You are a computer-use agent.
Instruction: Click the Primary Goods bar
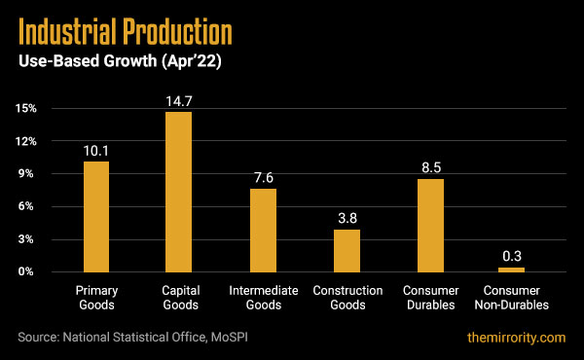point(95,216)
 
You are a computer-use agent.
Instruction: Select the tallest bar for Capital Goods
point(179,192)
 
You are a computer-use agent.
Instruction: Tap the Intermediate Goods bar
point(263,230)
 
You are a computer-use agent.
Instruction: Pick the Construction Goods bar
point(347,250)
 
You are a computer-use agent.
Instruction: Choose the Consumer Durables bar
point(429,225)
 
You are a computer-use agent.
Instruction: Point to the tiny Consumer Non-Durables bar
point(512,270)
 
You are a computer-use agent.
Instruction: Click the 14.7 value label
point(179,101)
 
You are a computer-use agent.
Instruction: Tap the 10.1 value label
point(95,151)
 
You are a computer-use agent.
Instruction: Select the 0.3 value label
point(512,257)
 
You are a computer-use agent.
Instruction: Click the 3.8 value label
point(347,219)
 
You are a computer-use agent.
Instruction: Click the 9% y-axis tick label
point(28,174)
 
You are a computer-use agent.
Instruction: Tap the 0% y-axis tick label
point(28,271)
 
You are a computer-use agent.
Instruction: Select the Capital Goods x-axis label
point(179,298)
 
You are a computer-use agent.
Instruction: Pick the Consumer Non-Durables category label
point(512,298)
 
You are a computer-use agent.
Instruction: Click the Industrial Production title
point(126,33)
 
